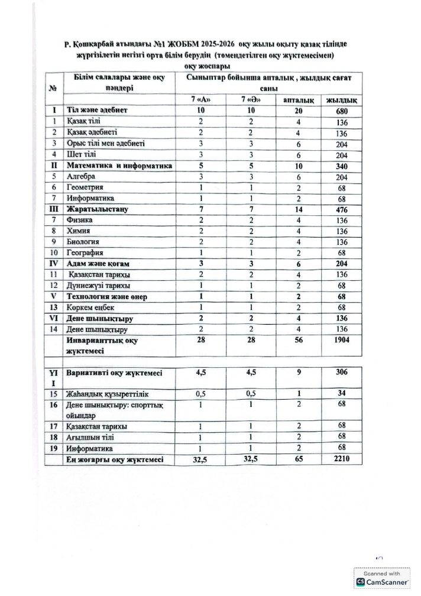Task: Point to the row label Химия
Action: click(80, 231)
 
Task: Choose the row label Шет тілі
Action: click(83, 154)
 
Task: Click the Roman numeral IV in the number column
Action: click(54, 263)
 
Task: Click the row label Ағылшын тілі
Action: click(92, 437)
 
